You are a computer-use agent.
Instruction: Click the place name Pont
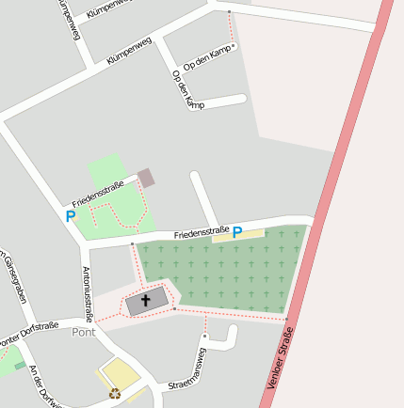[x=84, y=332]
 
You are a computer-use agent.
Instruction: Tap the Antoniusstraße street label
[x=88, y=292]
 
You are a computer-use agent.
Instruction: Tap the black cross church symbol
[x=146, y=301]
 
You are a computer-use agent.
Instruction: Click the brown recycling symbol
[x=115, y=394]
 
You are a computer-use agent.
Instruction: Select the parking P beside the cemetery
[x=237, y=232]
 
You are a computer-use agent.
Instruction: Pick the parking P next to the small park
[x=71, y=216]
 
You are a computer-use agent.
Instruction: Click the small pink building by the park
[x=146, y=178]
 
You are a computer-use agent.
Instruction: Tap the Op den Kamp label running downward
[x=188, y=89]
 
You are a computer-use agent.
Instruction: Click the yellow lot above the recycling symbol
[x=121, y=373]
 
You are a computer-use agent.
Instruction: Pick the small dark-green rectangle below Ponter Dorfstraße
[x=19, y=365]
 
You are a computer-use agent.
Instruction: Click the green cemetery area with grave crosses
[x=221, y=273]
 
